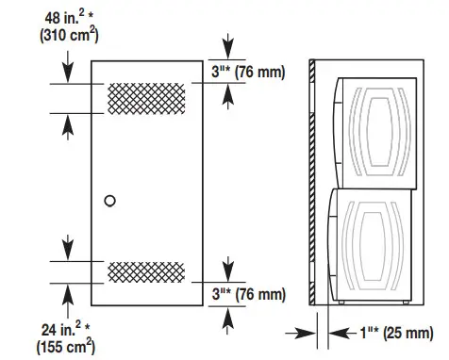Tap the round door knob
click(110, 200)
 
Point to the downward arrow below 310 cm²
click(66, 66)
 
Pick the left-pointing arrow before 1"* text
click(338, 332)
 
